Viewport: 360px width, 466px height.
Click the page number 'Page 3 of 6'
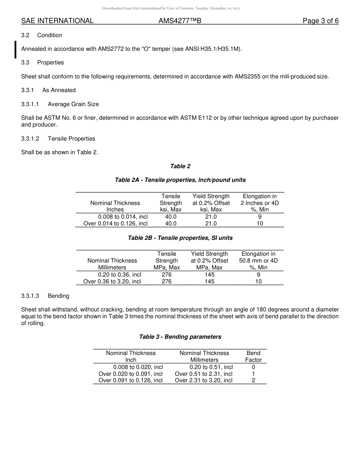[320, 21]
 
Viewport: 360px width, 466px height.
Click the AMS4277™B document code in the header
[180, 21]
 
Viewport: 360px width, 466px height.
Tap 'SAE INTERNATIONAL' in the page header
[57, 21]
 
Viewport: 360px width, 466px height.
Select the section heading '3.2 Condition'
[42, 35]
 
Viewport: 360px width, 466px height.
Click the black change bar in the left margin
[15, 50]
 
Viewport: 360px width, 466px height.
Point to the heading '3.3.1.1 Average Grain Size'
[60, 104]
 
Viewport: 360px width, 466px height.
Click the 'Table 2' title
[180, 166]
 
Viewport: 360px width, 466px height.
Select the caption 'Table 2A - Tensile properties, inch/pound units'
[180, 180]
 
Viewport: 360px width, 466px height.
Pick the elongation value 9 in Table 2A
[260, 217]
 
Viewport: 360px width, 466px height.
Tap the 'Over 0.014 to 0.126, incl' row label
[116, 224]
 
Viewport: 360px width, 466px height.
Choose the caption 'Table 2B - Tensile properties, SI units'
[180, 238]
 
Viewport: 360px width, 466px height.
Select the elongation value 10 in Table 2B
[258, 281]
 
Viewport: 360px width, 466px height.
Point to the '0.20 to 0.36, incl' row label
[119, 275]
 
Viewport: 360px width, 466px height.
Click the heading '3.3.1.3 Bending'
[45, 296]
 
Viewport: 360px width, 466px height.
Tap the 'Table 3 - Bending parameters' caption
[180, 337]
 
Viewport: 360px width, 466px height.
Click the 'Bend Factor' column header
[253, 357]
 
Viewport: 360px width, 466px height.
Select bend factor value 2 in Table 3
[253, 380]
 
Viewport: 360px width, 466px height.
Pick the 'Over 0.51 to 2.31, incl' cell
[204, 374]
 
